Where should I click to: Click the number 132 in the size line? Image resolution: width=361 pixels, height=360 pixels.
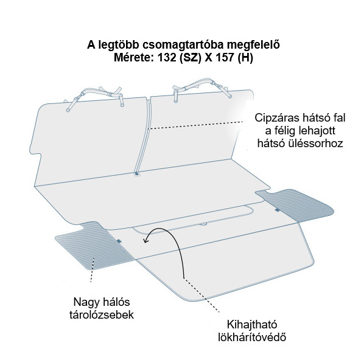coord(166,57)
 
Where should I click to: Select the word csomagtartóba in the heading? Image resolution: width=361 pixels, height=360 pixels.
coord(183,45)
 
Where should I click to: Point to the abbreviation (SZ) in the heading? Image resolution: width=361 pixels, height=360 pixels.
coord(190,58)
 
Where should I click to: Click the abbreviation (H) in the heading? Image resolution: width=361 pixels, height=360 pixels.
coord(245,58)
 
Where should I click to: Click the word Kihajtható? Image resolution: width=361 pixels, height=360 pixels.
coord(252,325)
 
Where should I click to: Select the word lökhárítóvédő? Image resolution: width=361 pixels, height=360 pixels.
coord(252,337)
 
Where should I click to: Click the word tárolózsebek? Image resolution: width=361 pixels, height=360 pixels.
coord(102,314)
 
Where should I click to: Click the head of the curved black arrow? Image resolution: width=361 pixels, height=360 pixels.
coord(145,241)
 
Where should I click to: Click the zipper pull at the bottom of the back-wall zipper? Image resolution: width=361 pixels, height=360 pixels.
coord(137,174)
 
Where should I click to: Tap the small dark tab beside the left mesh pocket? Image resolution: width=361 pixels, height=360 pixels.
coord(119,241)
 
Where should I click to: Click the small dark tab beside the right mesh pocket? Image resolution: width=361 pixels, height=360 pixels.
coord(278,210)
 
